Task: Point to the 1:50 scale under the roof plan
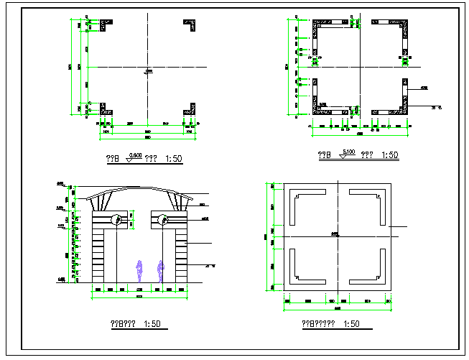[352, 324]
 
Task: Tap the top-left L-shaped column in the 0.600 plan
[105, 25]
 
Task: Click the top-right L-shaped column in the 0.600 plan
[191, 25]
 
